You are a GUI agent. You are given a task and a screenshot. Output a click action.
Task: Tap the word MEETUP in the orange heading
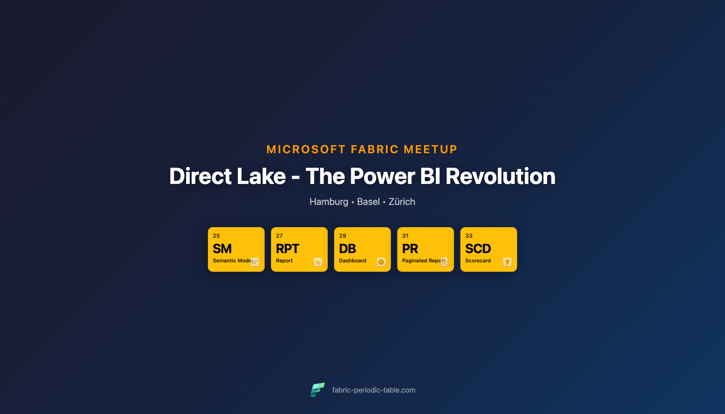click(x=430, y=150)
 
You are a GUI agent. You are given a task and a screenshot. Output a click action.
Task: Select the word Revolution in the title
click(x=500, y=176)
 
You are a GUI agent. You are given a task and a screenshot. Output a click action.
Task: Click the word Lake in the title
click(x=261, y=176)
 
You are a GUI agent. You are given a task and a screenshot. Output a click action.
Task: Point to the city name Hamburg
click(x=329, y=202)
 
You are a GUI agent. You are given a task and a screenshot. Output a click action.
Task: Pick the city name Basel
click(x=368, y=202)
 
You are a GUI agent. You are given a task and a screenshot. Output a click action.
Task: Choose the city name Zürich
click(x=402, y=202)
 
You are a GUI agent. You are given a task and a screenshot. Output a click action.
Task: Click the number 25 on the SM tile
click(x=216, y=236)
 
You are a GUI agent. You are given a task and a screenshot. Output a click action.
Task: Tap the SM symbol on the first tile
click(x=222, y=249)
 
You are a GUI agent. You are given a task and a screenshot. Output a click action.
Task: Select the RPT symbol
click(x=287, y=249)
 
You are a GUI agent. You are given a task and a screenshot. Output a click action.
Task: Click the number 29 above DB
click(x=343, y=236)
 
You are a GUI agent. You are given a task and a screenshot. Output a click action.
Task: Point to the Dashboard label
click(x=352, y=261)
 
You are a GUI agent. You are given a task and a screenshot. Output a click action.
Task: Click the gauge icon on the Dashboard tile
click(x=381, y=262)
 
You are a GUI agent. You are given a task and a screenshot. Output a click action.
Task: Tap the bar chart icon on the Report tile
click(x=318, y=262)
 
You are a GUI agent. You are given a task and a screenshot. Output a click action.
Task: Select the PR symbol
click(x=410, y=249)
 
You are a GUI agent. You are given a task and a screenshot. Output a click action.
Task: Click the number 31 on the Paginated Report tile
click(x=405, y=236)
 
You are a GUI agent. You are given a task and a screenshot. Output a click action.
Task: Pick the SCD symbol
click(x=478, y=249)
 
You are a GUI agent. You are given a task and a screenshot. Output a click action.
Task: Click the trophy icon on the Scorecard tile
click(x=507, y=262)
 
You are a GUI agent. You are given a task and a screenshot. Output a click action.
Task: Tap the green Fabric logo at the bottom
click(x=318, y=390)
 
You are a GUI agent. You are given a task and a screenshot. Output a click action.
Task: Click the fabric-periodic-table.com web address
click(x=374, y=390)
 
